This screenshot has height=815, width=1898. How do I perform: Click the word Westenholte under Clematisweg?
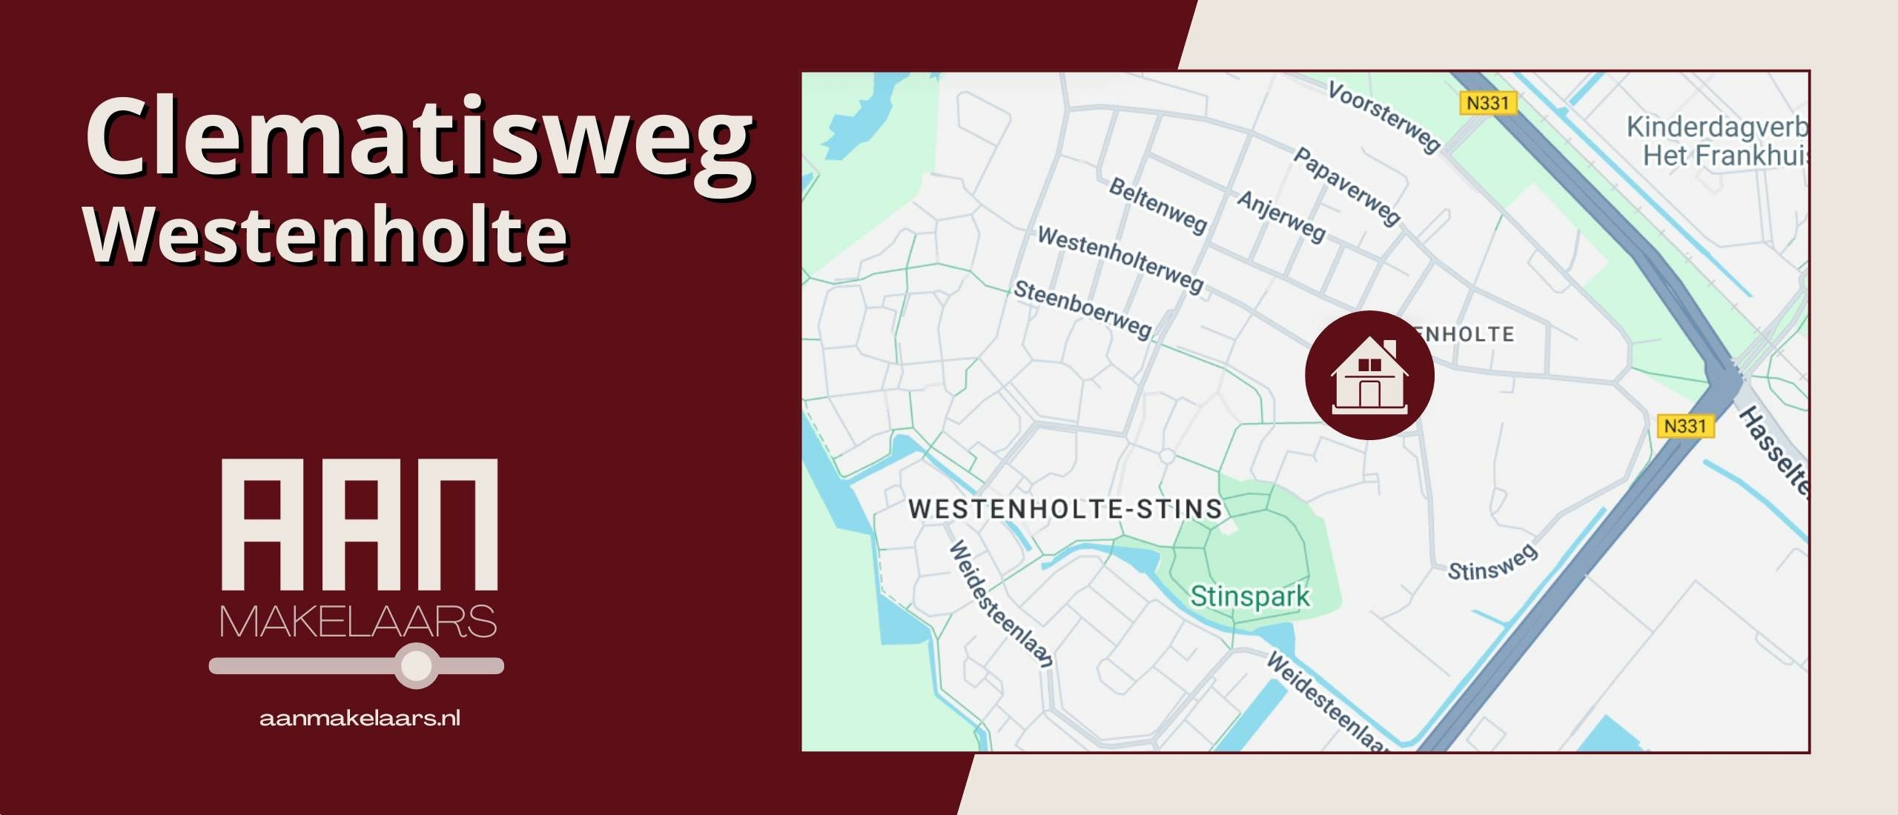click(326, 235)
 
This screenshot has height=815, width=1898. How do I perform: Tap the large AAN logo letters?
click(360, 525)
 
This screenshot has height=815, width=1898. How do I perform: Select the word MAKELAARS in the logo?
click(358, 622)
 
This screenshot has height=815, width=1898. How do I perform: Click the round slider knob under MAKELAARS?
click(416, 665)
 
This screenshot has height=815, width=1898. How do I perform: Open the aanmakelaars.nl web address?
click(360, 718)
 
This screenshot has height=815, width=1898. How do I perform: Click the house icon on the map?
click(1369, 375)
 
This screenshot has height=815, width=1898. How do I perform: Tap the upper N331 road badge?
click(1487, 103)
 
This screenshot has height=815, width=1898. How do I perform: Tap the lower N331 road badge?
click(1684, 426)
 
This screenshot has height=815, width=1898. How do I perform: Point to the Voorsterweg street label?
click(1383, 117)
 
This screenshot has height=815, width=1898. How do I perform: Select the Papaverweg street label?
click(1346, 185)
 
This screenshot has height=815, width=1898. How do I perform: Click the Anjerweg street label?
click(1281, 216)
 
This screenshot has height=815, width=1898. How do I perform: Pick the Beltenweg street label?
click(1157, 205)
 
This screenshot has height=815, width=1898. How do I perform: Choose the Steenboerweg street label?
click(1082, 309)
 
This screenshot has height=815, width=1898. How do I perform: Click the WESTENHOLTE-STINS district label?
click(1065, 509)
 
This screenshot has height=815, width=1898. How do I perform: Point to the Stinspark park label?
click(1250, 596)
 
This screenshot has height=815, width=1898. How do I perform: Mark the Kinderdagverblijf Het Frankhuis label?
click(1716, 142)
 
